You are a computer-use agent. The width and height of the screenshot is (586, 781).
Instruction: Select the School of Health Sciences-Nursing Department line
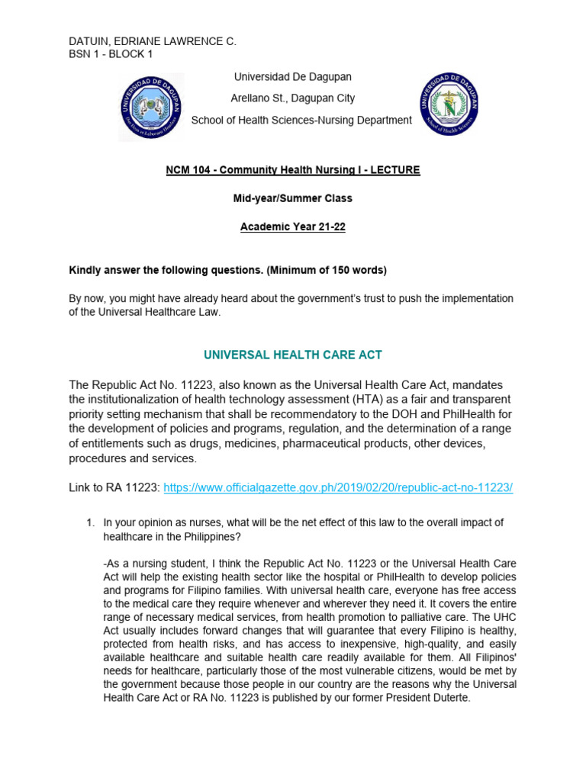pos(301,120)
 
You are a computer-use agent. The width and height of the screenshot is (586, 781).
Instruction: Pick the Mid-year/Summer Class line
pos(292,198)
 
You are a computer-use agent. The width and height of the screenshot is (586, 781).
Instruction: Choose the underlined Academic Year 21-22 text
pos(292,227)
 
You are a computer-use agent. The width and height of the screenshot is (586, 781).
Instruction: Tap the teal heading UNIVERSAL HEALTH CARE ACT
pos(292,355)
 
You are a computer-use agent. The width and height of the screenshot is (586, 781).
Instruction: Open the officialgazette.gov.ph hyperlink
pos(338,487)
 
